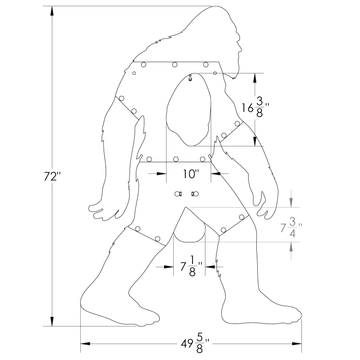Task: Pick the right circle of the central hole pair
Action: coord(194,192)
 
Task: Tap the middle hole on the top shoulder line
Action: coord(174,67)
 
